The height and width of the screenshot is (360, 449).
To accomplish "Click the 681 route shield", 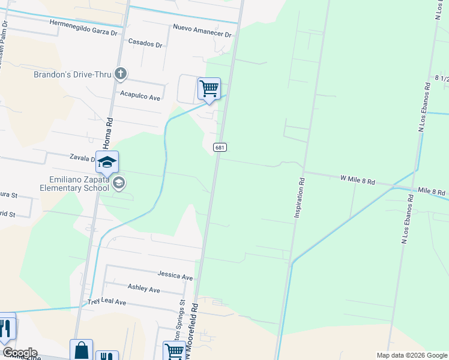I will pyautogui.click(x=220, y=147).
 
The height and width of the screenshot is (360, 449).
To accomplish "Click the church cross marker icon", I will pyautogui.click(x=121, y=74).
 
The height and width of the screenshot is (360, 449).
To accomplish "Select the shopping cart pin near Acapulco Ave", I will pyautogui.click(x=209, y=89).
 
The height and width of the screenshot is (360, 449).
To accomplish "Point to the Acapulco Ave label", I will pyautogui.click(x=140, y=96).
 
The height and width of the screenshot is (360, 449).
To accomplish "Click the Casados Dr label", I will pyautogui.click(x=145, y=44).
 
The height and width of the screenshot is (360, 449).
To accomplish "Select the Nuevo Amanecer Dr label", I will pyautogui.click(x=202, y=31).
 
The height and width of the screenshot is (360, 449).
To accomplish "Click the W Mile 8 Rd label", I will pyautogui.click(x=357, y=179).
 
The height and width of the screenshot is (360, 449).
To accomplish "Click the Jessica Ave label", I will pyautogui.click(x=175, y=275).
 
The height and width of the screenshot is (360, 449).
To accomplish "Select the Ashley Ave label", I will pyautogui.click(x=143, y=288).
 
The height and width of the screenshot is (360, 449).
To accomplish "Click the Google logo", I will pyautogui.click(x=19, y=353).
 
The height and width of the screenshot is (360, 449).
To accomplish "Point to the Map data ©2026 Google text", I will pyautogui.click(x=411, y=355).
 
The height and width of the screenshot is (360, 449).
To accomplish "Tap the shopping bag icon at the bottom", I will pyautogui.click(x=81, y=350).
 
